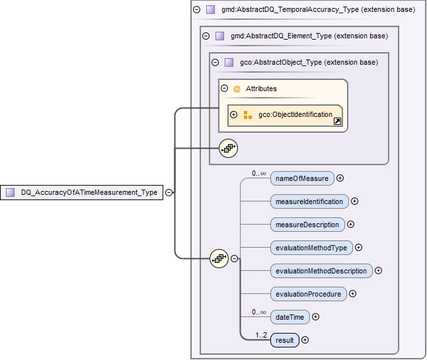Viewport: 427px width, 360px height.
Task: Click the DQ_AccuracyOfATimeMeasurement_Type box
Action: pos(82,192)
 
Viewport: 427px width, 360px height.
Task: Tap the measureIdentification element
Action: pos(309,201)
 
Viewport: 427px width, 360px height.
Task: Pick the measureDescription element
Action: pos(307,224)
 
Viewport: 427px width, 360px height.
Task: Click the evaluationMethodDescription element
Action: pos(321,270)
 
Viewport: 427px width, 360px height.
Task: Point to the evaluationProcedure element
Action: pos(308,293)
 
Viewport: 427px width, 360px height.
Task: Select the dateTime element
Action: pos(290,317)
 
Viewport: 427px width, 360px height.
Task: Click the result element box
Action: pos(284,340)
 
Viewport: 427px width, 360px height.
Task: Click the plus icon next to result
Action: pos(305,340)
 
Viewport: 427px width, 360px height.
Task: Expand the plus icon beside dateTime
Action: pos(315,317)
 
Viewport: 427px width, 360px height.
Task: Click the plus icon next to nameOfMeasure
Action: pos(340,178)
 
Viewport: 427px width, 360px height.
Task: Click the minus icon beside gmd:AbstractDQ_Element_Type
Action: pos(206,36)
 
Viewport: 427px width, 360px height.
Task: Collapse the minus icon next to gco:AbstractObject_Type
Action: pos(215,62)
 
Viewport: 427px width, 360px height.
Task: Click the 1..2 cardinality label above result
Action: pos(262,334)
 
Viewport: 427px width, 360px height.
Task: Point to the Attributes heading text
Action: pos(261,89)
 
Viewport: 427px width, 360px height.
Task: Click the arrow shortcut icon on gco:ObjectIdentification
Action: pos(337,122)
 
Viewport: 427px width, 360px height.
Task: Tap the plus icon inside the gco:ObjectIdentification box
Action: pos(233,115)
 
